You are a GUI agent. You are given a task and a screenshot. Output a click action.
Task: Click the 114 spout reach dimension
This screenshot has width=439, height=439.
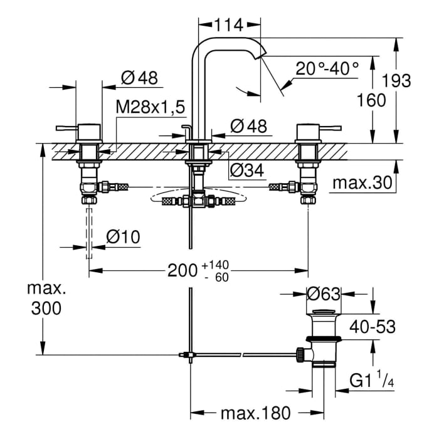click(x=229, y=26)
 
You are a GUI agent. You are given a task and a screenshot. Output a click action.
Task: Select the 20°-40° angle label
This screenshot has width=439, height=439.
click(x=327, y=68)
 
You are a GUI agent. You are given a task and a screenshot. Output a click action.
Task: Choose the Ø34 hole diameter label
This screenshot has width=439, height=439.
click(x=245, y=169)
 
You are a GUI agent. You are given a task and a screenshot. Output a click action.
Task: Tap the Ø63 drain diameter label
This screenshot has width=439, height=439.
click(x=323, y=294)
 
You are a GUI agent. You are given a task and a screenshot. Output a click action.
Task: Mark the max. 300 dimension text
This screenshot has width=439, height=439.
click(x=44, y=299)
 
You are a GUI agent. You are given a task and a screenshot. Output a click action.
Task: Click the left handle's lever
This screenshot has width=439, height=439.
click(x=65, y=129)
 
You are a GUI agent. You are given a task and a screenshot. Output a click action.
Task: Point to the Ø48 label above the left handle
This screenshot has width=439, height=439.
click(x=140, y=78)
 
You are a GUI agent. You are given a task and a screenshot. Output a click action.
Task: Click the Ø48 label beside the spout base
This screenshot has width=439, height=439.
click(x=249, y=125)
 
